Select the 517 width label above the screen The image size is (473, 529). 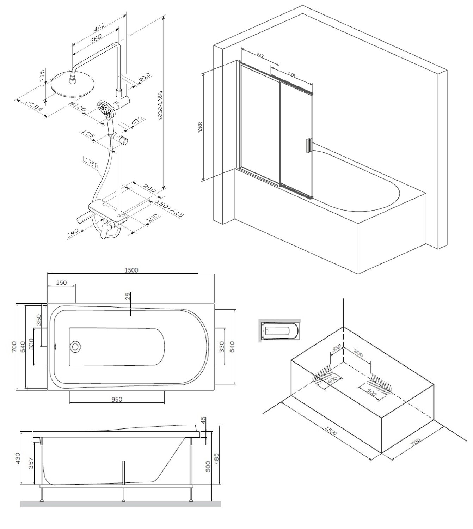pos(260,55)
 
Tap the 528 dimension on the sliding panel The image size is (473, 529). pos(291,74)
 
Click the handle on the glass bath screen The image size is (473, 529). pos(308,146)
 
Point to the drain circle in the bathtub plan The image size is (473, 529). pos(75,346)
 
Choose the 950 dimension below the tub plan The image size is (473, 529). pos(117,399)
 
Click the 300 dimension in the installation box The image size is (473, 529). pos(358,354)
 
